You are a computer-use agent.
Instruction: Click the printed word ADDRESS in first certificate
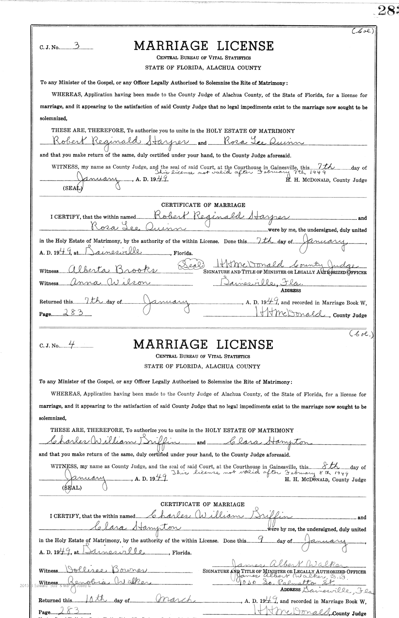(x=291, y=290)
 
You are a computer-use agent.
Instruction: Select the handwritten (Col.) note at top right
(x=363, y=32)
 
